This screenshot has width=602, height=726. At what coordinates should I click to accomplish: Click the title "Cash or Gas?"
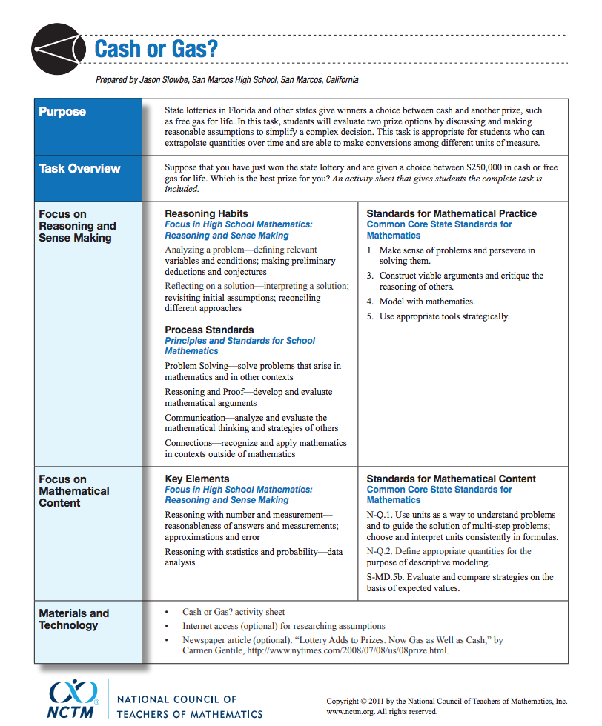[x=156, y=50]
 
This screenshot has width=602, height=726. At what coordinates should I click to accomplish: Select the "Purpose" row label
[x=62, y=112]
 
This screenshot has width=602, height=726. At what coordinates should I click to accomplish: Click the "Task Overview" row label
[x=79, y=169]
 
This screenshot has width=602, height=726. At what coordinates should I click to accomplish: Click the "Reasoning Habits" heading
[x=206, y=214]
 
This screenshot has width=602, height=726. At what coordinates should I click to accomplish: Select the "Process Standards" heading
[x=209, y=330]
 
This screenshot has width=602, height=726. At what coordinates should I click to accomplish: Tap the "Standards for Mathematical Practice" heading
[x=451, y=214]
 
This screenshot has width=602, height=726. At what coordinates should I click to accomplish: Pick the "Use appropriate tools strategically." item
[x=444, y=316]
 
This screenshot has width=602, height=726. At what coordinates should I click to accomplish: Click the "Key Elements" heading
[x=197, y=479]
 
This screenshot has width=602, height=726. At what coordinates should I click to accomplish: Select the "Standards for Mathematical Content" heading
[x=451, y=479]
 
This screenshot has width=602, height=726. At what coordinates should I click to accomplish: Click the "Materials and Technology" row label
[x=73, y=619]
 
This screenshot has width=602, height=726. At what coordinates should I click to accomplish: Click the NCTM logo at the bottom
[x=73, y=699]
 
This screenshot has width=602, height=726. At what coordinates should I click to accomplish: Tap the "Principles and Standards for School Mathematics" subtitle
[x=239, y=346]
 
